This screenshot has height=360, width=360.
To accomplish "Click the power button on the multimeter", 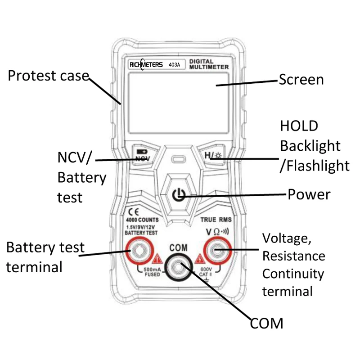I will pos(179,195).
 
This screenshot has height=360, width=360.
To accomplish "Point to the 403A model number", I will pos(174,65).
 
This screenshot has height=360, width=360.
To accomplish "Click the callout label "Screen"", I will pos(301,80).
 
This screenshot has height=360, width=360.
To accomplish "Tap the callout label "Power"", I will pos(309,194).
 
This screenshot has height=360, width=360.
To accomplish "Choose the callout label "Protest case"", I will pos(48,76).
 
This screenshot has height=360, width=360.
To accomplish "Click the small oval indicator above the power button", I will pos(179,160).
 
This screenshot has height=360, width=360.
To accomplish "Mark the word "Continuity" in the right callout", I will pos(293,274).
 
